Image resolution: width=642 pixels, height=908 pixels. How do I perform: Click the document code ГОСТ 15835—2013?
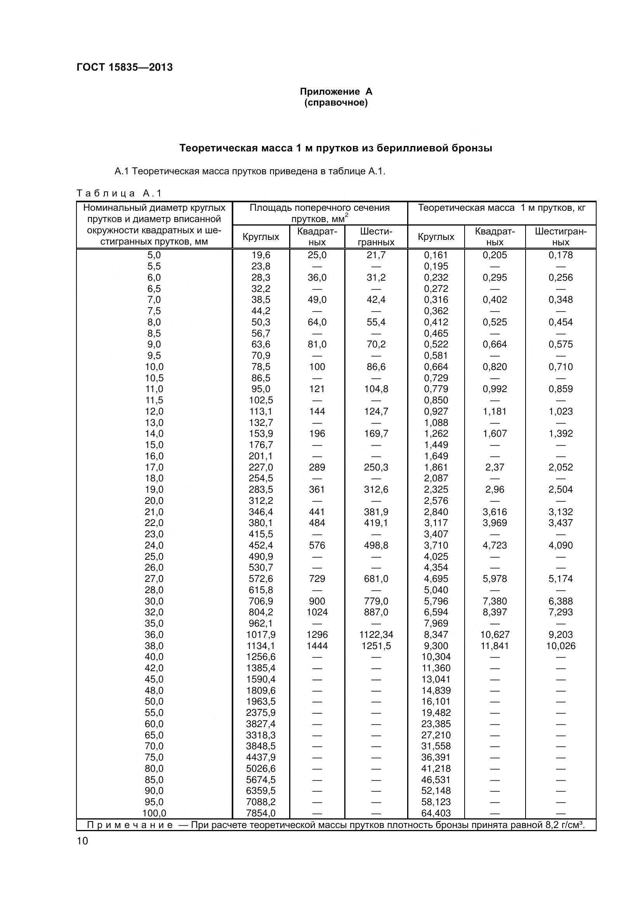tap(125, 67)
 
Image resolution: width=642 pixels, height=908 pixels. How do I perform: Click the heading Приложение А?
tap(336, 92)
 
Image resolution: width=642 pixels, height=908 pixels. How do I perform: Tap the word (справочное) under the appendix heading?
tap(336, 103)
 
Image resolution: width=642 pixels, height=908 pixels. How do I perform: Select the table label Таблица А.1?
tap(119, 193)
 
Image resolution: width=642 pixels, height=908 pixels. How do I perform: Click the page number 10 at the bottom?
tap(83, 841)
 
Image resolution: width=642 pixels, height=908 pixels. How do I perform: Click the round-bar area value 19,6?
tap(261, 255)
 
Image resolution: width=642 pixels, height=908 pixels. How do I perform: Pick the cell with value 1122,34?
tap(376, 635)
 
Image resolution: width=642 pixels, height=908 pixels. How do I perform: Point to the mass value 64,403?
tap(436, 814)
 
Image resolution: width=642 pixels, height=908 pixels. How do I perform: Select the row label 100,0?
tap(154, 814)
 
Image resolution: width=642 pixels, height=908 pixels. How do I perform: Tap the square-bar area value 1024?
tap(317, 612)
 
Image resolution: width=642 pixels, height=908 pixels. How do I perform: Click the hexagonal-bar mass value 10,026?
tap(560, 646)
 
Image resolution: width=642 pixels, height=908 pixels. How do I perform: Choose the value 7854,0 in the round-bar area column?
tap(261, 814)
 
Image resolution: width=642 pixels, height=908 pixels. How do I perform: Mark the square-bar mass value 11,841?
tap(495, 646)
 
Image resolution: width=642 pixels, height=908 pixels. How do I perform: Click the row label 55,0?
tap(154, 713)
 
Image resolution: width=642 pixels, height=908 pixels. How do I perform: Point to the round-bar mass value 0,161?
tap(436, 255)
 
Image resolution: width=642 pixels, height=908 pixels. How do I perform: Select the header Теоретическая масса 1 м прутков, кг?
tap(501, 208)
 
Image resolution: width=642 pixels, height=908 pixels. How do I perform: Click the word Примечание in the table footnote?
tap(130, 825)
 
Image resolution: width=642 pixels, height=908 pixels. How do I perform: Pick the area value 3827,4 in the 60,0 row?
tap(261, 724)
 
